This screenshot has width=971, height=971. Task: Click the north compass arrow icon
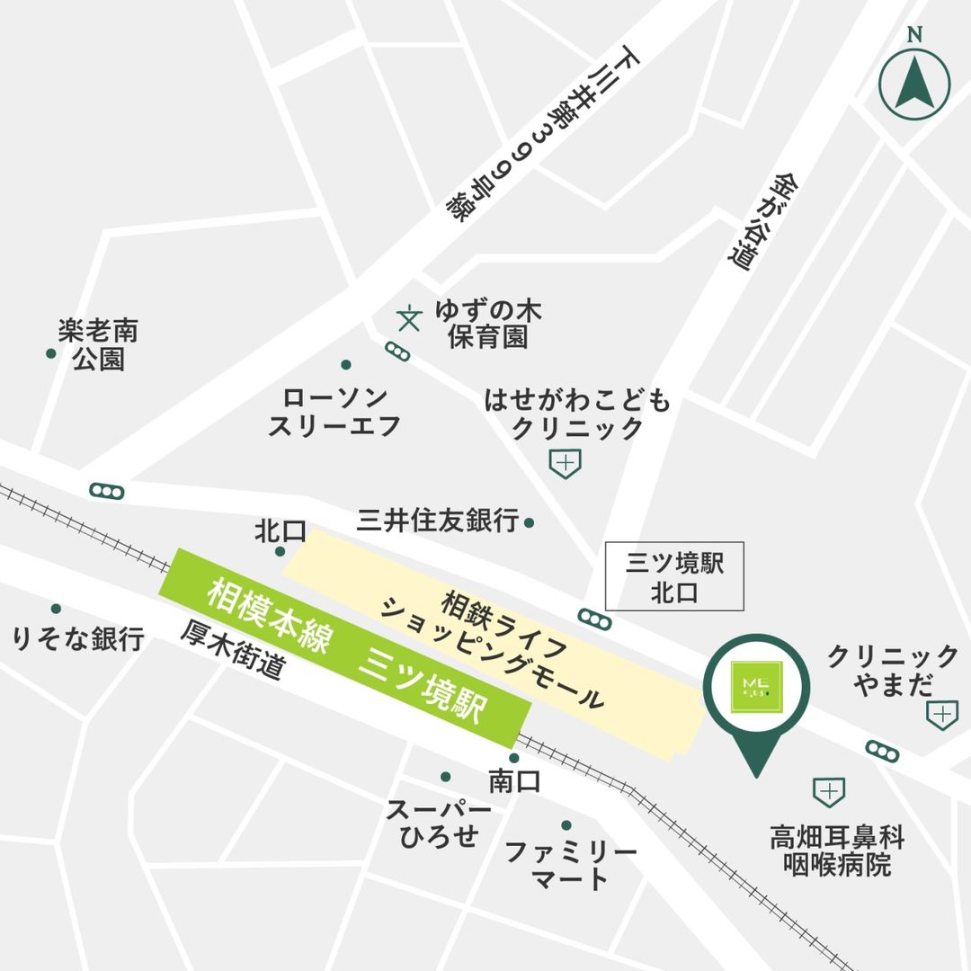point(913,85)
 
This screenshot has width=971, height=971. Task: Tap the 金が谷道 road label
point(756,219)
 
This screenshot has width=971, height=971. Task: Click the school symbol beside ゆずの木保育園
point(409,317)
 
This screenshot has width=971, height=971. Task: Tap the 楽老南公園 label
point(99,346)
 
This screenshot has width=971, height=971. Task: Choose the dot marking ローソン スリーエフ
point(346,365)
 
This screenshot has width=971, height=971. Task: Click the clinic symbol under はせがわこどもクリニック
point(565,464)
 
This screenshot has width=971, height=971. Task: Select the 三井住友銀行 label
point(438,521)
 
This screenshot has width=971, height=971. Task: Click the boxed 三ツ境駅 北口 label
point(675,578)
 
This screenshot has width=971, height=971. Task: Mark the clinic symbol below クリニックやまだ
point(941,715)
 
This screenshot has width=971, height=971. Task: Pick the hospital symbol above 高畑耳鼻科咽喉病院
point(828,792)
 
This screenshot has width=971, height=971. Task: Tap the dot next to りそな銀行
point(56,609)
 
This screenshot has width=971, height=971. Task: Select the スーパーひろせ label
point(439,823)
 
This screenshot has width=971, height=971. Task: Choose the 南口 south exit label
point(514,781)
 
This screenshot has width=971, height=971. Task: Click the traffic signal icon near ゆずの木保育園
point(396,352)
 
